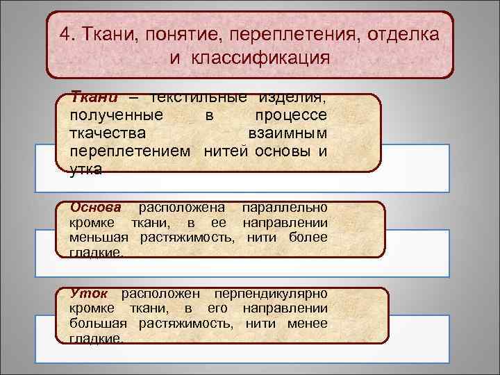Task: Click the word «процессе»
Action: pyautogui.click(x=292, y=114)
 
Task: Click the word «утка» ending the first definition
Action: pyautogui.click(x=86, y=169)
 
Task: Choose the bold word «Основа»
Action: pyautogui.click(x=96, y=207)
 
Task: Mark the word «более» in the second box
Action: pyautogui.click(x=307, y=238)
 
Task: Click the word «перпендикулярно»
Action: pyautogui.click(x=270, y=293)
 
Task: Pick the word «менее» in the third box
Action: pyautogui.click(x=307, y=324)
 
